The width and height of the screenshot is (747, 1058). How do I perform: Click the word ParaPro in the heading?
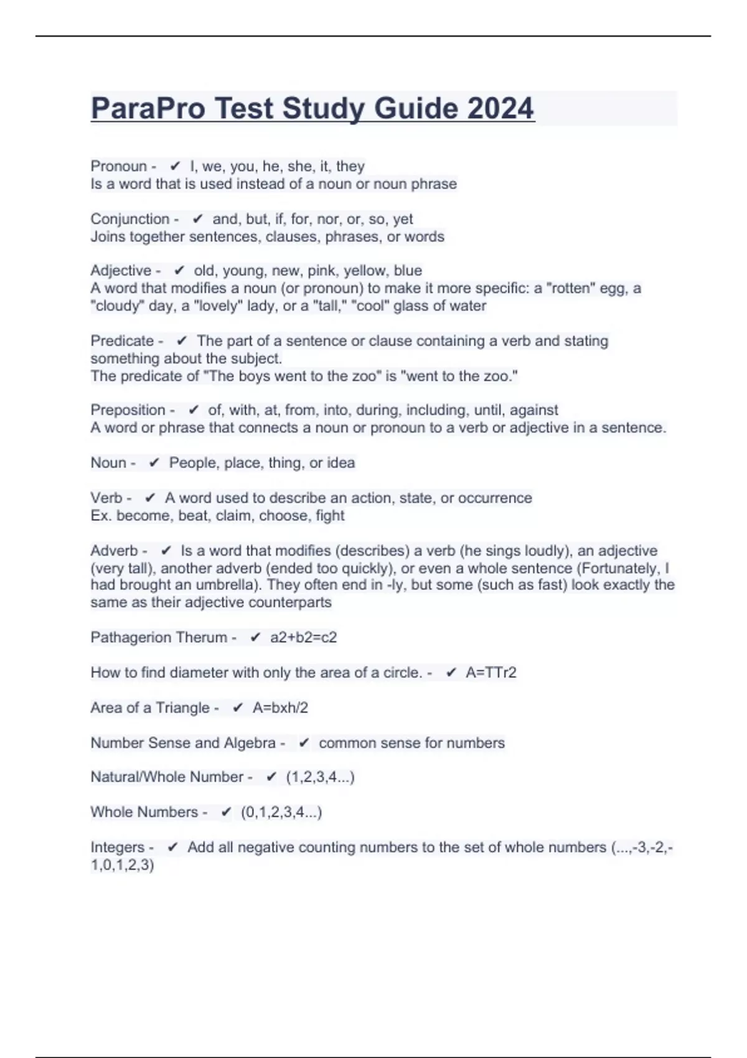148,108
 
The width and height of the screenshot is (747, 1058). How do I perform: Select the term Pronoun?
118,166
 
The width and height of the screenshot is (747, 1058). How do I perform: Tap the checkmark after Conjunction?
198,219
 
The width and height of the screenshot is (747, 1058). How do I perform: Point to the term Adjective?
121,271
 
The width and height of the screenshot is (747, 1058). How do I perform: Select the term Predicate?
122,341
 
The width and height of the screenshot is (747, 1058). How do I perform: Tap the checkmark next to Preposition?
194,410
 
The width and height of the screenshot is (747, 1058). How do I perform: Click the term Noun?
108,463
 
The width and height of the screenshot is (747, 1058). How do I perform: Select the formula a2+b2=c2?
304,637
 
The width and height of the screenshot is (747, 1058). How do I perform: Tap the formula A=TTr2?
491,673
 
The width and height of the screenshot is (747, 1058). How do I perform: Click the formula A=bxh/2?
280,708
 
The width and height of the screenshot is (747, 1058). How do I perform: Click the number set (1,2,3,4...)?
320,777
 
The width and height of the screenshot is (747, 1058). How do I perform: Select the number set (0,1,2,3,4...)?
281,812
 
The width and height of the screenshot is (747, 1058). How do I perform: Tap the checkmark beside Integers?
173,847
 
